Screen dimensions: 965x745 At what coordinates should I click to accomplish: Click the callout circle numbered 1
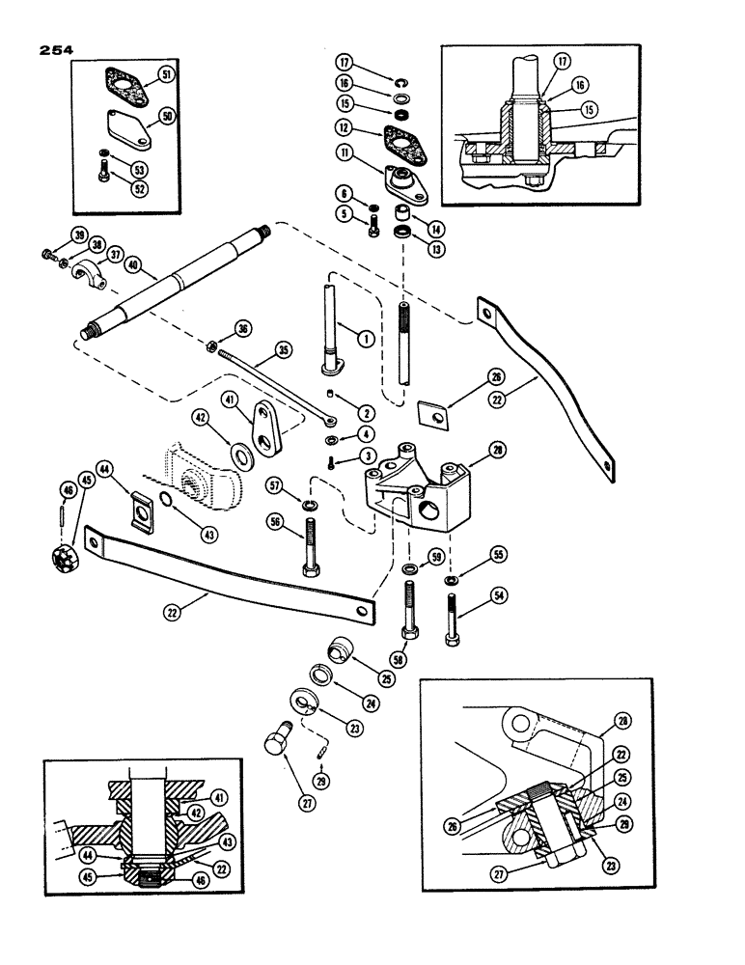click(x=364, y=339)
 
